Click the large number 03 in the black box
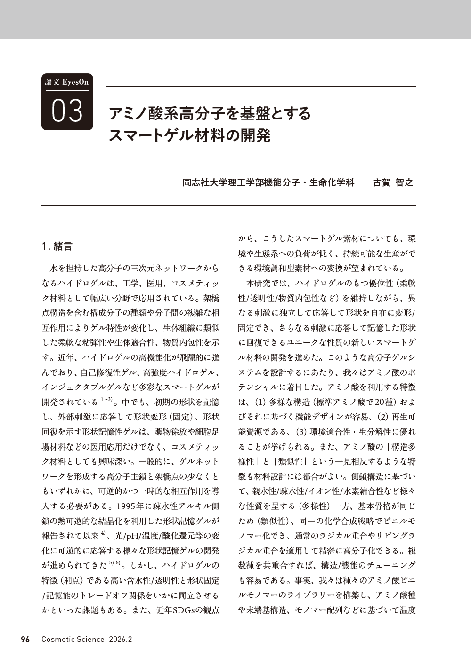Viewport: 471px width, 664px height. click(67, 111)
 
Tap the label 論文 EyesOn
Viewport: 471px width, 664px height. click(67, 82)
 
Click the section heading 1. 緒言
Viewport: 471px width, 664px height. click(57, 246)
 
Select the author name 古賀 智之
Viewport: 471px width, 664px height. click(393, 182)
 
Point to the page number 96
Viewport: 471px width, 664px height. click(25, 639)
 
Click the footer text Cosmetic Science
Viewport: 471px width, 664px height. click(73, 639)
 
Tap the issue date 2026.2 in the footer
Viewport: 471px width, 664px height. click(121, 639)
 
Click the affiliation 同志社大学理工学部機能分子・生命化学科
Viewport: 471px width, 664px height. click(268, 182)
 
